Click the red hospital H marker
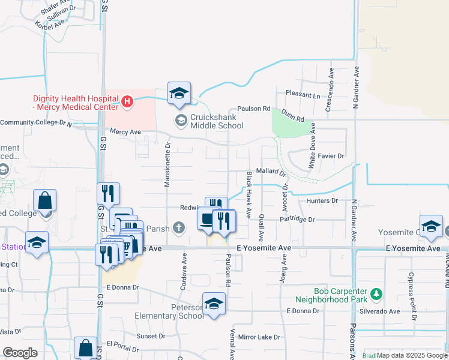click(127, 102)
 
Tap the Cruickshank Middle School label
click(217, 121)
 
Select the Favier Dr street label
click(331, 155)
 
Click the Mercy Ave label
click(125, 131)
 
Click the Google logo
click(20, 353)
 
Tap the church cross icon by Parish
click(178, 228)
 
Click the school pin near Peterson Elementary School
click(213, 303)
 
